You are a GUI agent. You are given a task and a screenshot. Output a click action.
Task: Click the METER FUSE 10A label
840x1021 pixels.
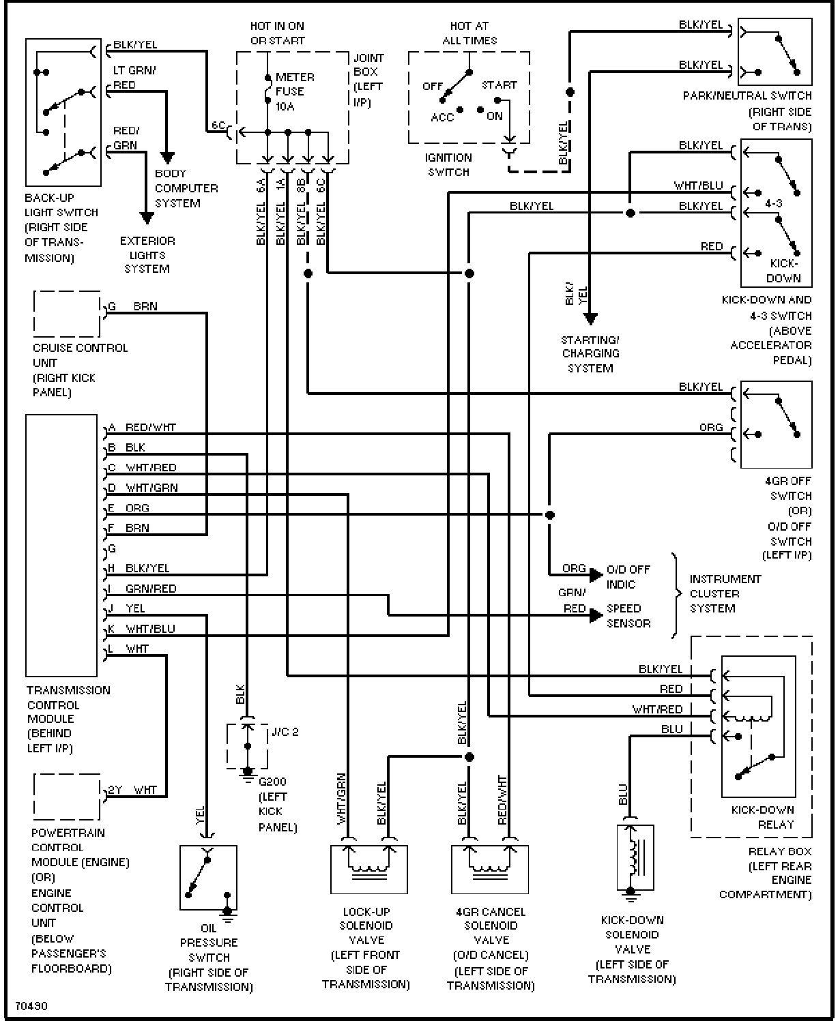click(x=295, y=91)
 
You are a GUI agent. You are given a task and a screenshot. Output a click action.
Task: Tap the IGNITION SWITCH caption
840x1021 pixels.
click(x=448, y=164)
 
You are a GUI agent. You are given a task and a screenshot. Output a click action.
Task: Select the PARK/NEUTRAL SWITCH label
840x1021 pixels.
click(x=747, y=96)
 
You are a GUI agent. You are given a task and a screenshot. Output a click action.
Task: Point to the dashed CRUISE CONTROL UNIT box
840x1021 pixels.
click(x=67, y=314)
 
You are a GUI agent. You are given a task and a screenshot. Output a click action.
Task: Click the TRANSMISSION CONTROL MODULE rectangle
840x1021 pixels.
click(x=61, y=545)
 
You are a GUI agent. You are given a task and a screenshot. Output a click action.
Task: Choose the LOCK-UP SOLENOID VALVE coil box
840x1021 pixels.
click(x=369, y=870)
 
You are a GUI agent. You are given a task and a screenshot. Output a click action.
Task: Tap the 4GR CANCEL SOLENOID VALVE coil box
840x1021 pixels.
click(x=490, y=870)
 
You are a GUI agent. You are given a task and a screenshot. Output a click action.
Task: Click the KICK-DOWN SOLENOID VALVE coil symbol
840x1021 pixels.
click(x=635, y=857)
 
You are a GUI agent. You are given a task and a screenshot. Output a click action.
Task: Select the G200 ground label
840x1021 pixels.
click(x=273, y=782)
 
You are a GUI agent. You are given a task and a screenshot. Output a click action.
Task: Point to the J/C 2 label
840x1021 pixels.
click(x=285, y=732)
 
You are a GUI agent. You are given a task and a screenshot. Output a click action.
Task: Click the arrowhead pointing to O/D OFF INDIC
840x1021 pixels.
click(x=596, y=575)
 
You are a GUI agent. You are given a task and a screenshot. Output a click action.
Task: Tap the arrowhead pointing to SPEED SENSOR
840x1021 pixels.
click(x=596, y=615)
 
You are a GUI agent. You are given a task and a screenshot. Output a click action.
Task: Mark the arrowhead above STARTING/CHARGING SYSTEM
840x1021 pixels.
click(x=590, y=319)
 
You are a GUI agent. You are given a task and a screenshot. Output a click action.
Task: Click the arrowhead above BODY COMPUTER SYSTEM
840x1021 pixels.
click(x=167, y=158)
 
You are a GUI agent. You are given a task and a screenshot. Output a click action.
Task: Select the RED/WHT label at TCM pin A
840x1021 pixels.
click(x=151, y=428)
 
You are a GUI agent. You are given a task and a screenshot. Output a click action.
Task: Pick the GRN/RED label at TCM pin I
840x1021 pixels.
click(x=151, y=589)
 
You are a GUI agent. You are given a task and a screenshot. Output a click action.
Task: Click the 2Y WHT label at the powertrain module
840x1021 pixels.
click(x=132, y=790)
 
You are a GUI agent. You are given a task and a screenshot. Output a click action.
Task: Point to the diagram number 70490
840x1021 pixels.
click(x=31, y=1006)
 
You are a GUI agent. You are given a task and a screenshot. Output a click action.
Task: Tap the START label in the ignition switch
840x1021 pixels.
click(x=499, y=85)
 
